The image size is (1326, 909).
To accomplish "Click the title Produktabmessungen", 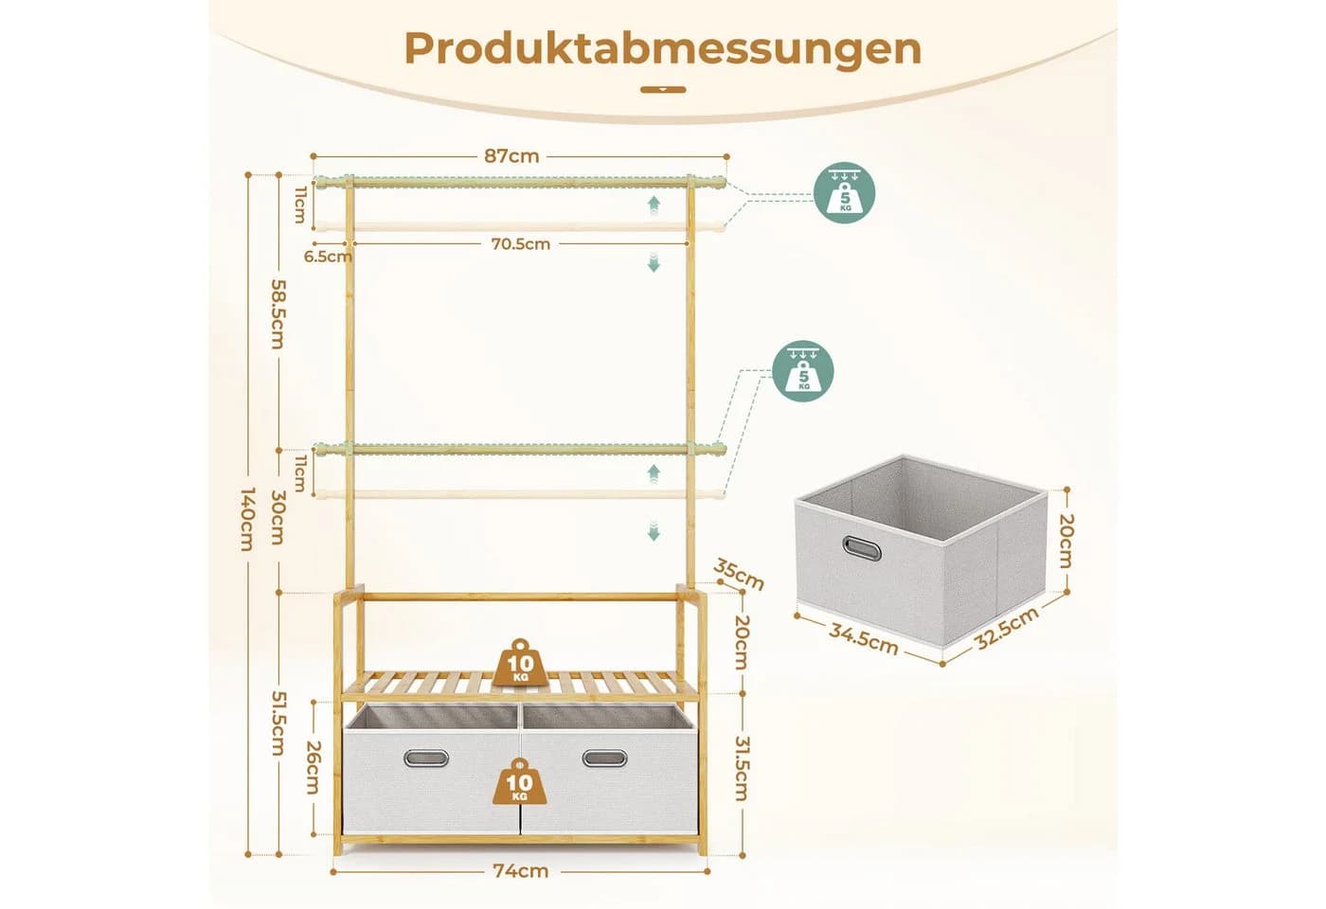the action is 663,49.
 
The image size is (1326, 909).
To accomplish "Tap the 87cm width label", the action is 512,156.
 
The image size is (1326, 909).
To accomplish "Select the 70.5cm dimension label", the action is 521,244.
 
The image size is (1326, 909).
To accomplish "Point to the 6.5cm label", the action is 328,257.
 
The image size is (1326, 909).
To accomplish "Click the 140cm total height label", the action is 248,519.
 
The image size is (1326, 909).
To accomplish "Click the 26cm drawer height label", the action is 312,768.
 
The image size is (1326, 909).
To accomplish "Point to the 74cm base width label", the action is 521,871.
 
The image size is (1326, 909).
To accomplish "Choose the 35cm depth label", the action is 739,574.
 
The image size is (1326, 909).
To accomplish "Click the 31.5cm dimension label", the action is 741,768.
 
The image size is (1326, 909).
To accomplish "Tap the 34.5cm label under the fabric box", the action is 864,639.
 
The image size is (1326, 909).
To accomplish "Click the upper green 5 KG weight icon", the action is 845,192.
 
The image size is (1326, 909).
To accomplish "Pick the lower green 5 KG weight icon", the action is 803,371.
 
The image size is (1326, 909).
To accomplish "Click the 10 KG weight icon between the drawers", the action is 520,782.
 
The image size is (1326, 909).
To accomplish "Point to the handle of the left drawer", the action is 426,758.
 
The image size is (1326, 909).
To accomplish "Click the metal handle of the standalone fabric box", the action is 863,548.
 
